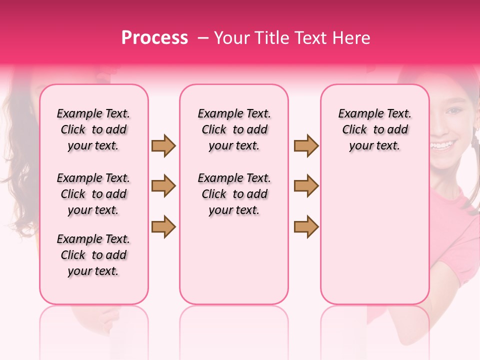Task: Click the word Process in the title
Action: pyautogui.click(x=154, y=38)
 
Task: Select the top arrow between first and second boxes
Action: pyautogui.click(x=163, y=146)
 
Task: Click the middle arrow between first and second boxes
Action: pyautogui.click(x=163, y=186)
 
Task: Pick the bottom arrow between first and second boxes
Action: pyautogui.click(x=163, y=226)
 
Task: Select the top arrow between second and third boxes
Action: pyautogui.click(x=306, y=146)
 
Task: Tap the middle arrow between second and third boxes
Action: pyautogui.click(x=306, y=186)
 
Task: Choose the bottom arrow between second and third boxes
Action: pyautogui.click(x=306, y=226)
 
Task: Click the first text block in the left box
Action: pyautogui.click(x=93, y=129)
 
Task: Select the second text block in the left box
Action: pyautogui.click(x=93, y=194)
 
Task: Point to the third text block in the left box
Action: pyautogui.click(x=93, y=255)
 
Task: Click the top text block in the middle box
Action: pyautogui.click(x=234, y=129)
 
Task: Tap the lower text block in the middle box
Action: pyautogui.click(x=234, y=194)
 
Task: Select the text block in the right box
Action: pyautogui.click(x=374, y=129)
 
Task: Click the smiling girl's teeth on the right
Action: pyautogui.click(x=442, y=145)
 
